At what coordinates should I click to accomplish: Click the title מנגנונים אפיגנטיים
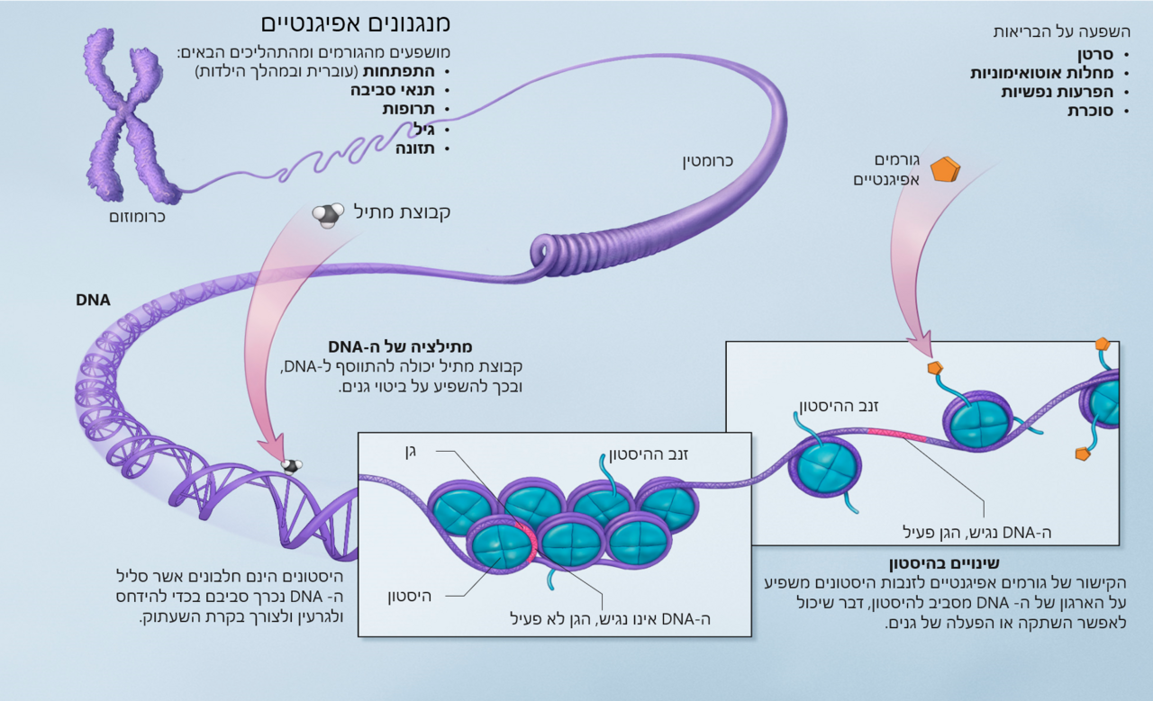(356, 24)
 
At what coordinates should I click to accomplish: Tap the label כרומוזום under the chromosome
(137, 217)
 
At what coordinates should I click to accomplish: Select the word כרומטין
(708, 161)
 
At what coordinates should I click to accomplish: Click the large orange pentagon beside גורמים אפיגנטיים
(946, 170)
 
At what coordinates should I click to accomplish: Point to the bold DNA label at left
(93, 300)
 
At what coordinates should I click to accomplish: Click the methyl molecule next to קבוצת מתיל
(328, 214)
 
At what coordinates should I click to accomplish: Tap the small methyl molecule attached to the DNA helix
(291, 466)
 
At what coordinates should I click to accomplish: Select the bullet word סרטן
(1095, 54)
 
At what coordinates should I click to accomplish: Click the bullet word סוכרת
(1090, 111)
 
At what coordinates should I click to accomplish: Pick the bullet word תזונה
(415, 148)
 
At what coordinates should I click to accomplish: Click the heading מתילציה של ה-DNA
(400, 346)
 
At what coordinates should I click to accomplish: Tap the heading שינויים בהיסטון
(944, 563)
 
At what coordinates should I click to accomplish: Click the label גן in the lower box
(410, 453)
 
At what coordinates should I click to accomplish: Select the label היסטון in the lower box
(409, 596)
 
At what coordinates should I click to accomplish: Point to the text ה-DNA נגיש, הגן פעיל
(977, 533)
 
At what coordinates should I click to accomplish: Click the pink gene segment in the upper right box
(896, 436)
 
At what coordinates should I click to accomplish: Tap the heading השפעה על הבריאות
(1061, 31)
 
